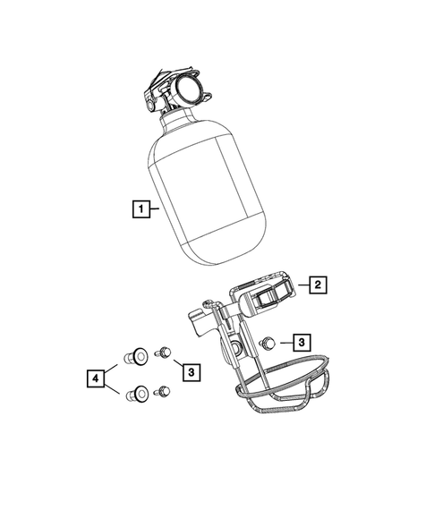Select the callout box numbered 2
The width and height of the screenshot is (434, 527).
click(317, 285)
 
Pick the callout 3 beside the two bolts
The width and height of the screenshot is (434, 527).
click(188, 370)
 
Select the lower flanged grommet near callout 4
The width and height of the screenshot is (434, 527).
click(139, 393)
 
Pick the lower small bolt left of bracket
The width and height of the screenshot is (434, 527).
click(162, 391)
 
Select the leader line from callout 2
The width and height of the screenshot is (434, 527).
click(301, 285)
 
